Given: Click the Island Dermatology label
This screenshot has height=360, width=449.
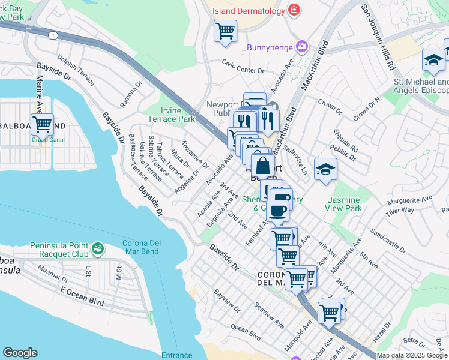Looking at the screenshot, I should [247, 11].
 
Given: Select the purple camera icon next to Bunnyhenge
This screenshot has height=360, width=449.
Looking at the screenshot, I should [301, 47].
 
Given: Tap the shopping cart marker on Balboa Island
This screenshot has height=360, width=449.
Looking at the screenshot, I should [42, 124].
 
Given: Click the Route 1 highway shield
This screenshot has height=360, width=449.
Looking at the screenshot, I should [53, 36].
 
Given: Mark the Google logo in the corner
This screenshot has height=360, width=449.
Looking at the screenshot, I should [20, 353].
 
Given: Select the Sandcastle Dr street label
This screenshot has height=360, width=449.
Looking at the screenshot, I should [388, 238].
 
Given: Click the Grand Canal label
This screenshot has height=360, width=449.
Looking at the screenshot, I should [42, 141].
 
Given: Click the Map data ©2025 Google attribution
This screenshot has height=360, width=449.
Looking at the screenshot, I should [412, 355].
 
